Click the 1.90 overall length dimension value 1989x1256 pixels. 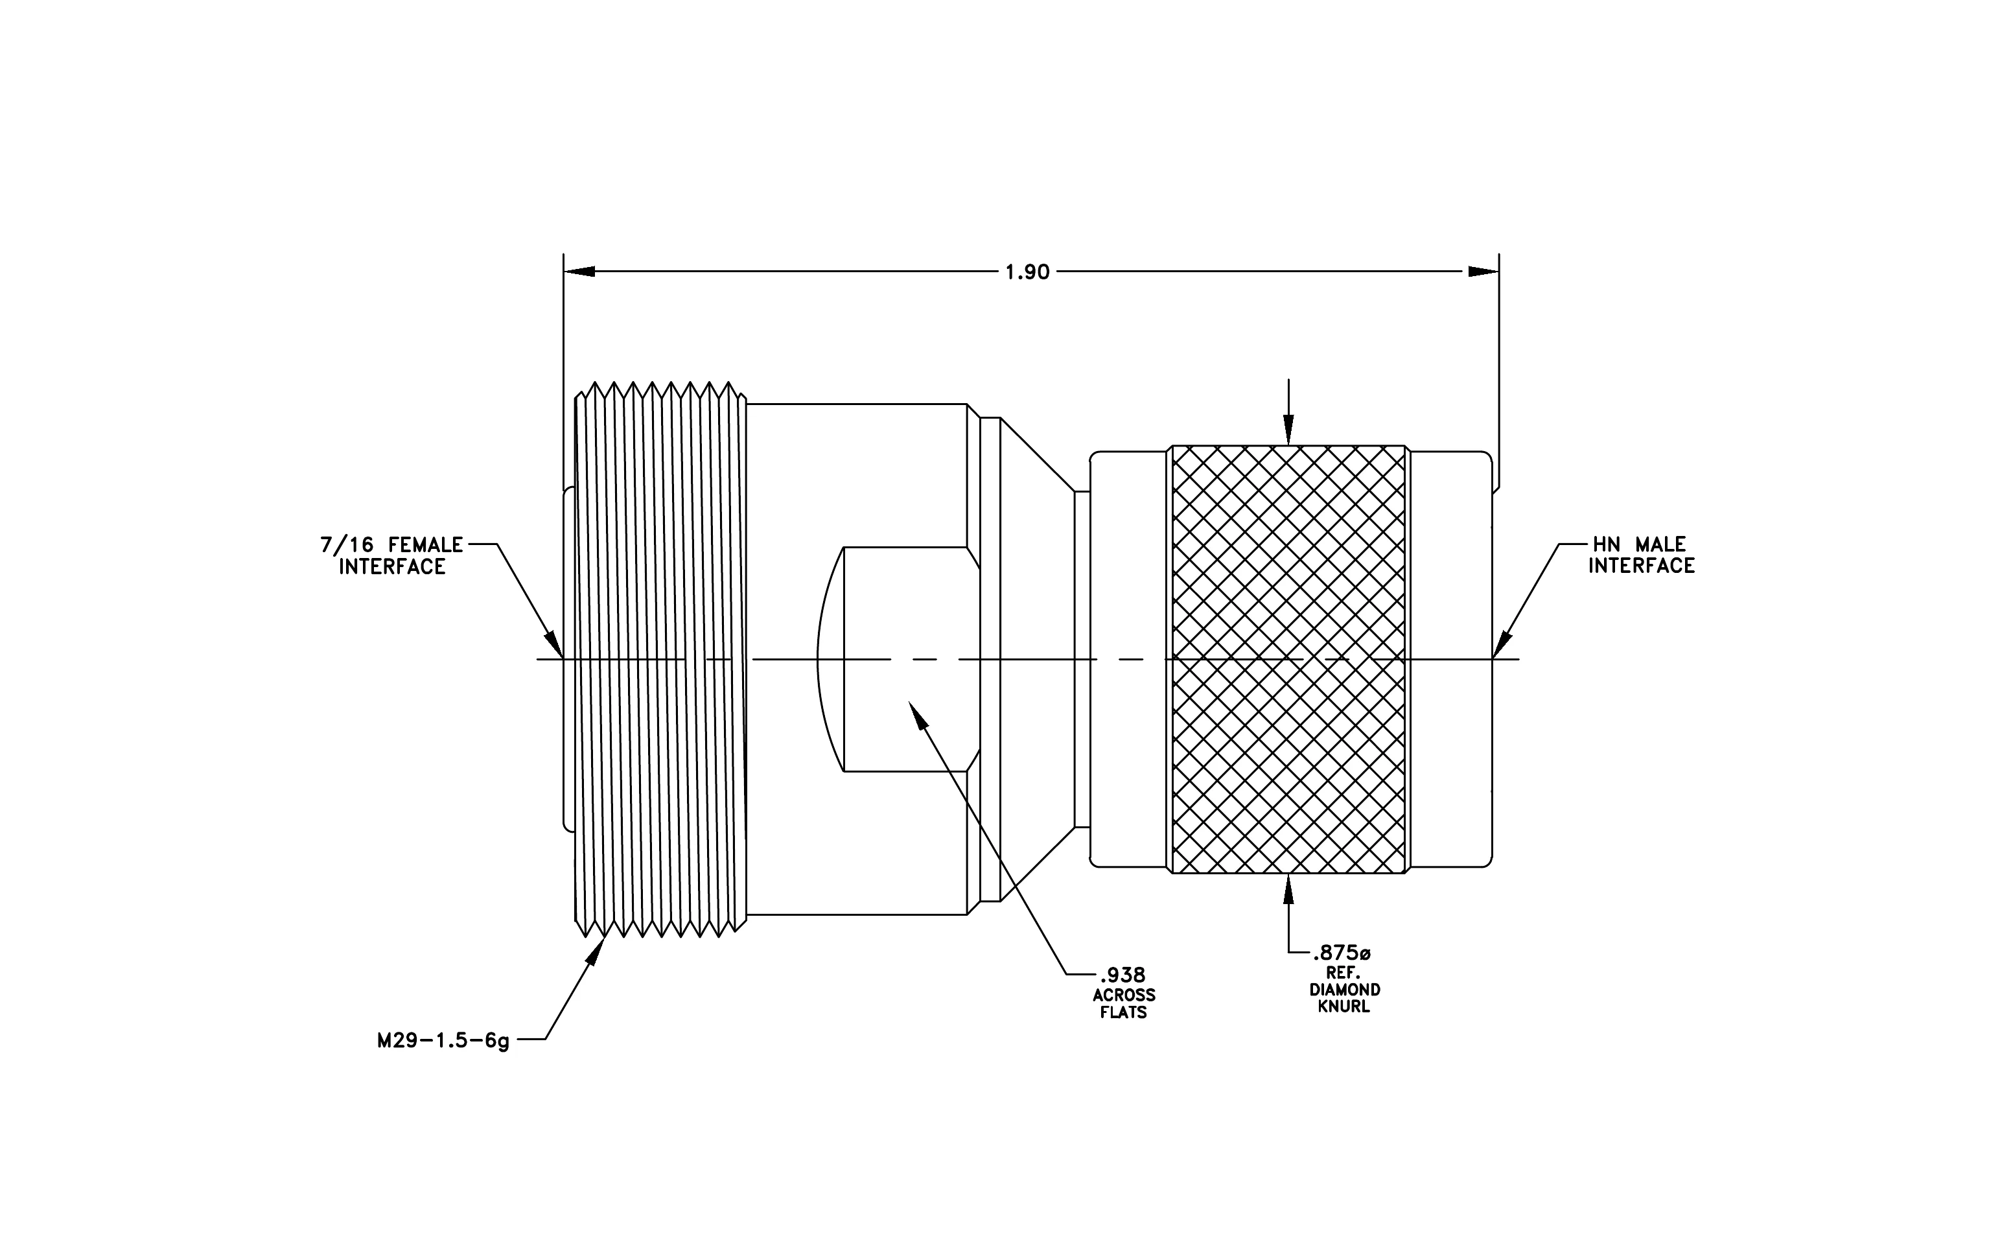tap(1027, 272)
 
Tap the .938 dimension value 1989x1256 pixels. tap(1122, 976)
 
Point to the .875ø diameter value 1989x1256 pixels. tap(1342, 955)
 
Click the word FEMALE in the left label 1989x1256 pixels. tap(425, 545)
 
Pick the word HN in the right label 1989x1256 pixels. tap(1607, 545)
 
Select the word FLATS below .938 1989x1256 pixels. tap(1123, 1012)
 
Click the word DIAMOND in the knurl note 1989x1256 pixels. tap(1344, 989)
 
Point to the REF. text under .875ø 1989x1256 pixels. tap(1343, 973)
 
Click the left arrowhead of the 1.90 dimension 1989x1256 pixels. tap(579, 272)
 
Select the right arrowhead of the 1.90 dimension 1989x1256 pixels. tap(1483, 272)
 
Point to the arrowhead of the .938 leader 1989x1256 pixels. tap(918, 715)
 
